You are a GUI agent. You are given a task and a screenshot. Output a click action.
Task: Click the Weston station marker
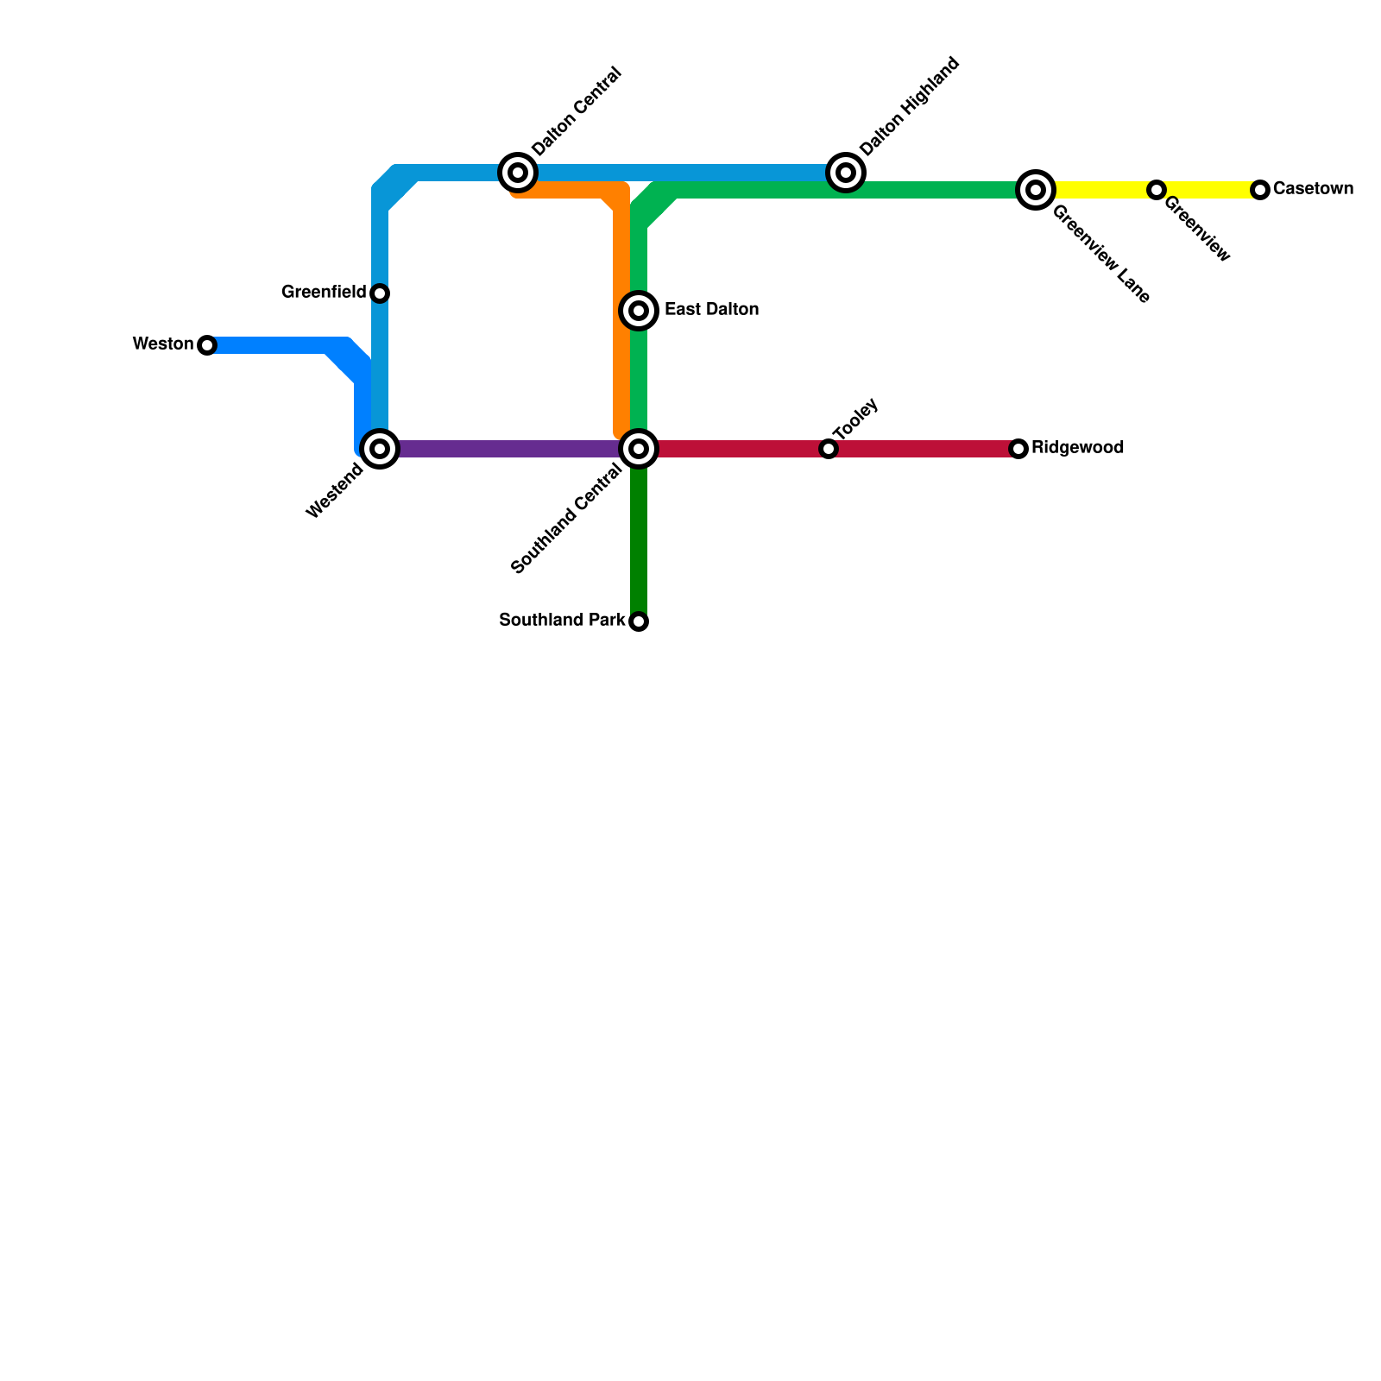point(207,345)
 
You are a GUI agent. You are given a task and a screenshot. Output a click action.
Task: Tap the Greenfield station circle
point(380,293)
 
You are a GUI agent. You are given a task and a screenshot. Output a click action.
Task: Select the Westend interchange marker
point(380,449)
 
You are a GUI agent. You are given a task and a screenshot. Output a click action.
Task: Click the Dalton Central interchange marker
point(518,173)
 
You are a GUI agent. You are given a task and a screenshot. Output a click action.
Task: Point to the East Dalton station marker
point(639,311)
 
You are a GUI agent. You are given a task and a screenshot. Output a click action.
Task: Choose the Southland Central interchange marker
point(639,449)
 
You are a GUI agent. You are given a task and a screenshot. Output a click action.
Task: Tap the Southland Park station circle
point(639,621)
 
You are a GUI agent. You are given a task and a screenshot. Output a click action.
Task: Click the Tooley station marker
point(829,449)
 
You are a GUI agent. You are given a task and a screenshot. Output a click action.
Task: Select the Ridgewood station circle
point(1018,449)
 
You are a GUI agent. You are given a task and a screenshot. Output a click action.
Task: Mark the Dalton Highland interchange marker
point(846,173)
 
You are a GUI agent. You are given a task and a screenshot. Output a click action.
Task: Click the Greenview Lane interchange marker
point(1036,190)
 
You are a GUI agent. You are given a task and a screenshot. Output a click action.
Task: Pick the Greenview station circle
point(1157,190)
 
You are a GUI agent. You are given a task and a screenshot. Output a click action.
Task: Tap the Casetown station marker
point(1260,190)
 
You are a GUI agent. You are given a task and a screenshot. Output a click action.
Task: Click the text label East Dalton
point(711,310)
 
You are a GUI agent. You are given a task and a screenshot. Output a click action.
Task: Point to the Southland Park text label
point(562,621)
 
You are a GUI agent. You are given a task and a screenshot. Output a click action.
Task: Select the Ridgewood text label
point(1077,448)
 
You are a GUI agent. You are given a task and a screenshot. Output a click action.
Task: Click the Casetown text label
point(1313,189)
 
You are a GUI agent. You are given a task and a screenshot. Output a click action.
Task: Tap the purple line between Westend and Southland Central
point(509,449)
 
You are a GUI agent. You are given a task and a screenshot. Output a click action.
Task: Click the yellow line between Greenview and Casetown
point(1208,190)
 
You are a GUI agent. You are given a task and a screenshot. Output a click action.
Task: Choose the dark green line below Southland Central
point(639,544)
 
